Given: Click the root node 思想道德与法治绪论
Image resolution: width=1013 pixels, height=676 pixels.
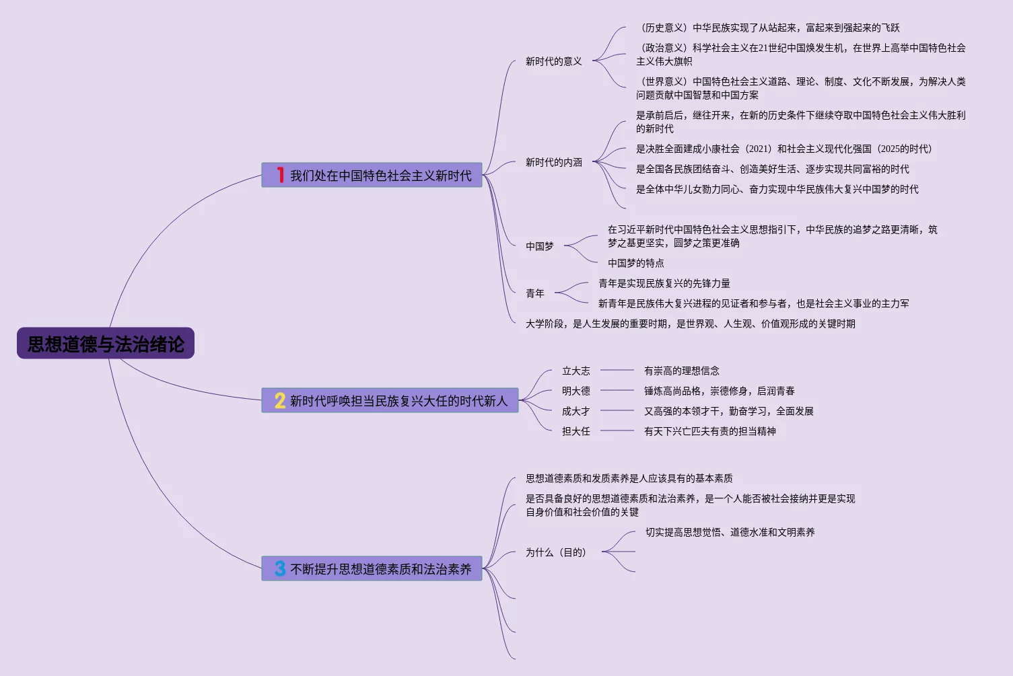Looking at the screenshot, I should [106, 344].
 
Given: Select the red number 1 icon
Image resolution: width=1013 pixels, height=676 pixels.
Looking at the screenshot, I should [280, 175].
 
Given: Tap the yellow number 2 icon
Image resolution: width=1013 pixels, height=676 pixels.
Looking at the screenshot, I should [280, 400].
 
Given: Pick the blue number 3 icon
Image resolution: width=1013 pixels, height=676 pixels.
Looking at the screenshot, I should [280, 568].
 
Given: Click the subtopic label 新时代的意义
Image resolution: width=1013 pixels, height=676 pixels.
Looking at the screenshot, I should [553, 61].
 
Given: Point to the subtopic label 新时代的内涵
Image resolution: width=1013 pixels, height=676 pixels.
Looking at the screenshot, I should [553, 162].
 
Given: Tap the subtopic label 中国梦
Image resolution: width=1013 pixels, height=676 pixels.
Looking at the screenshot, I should [539, 246].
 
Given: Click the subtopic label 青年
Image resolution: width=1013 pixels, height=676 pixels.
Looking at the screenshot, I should [534, 293].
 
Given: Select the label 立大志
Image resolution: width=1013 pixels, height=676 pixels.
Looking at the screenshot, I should [575, 371].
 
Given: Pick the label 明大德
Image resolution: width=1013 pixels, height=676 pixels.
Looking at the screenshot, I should [575, 391].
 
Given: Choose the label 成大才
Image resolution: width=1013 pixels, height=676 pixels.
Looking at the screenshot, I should [575, 411].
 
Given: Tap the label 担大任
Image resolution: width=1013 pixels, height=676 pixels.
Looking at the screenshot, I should [575, 431].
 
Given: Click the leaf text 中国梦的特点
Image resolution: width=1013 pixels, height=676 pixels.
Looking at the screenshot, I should [635, 263].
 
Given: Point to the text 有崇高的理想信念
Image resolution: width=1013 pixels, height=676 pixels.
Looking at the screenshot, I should [681, 371].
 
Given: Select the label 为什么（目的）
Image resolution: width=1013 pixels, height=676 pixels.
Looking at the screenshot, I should [555, 552].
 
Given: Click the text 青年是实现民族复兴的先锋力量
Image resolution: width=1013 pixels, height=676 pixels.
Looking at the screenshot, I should [664, 283].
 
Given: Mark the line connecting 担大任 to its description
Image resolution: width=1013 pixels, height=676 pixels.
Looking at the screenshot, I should [617, 431].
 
